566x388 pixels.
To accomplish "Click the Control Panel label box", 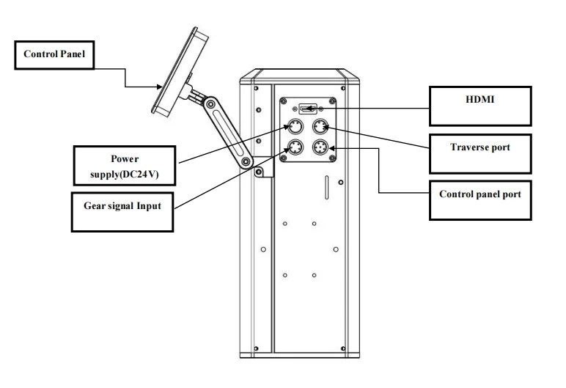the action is [54, 55].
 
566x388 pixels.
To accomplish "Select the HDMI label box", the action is [480, 106].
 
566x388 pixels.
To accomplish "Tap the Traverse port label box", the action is [480, 154].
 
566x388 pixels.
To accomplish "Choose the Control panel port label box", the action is [480, 200].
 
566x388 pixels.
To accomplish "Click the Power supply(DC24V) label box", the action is [125, 166].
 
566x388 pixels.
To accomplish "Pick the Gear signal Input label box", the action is [122, 212].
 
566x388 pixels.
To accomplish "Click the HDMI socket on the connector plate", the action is [308, 109].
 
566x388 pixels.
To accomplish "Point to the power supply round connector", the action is [295, 127].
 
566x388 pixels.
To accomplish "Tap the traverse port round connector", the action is [320, 127].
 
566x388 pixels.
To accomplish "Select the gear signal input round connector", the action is [295, 147].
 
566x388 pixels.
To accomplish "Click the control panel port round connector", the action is [320, 147].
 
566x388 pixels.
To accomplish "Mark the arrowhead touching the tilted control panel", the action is [159, 87].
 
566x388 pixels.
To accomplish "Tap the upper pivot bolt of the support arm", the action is [210, 105].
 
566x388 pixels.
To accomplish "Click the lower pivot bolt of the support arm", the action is [246, 161].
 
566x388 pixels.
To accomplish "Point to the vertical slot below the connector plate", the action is [327, 188].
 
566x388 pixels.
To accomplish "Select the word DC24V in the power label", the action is [140, 174].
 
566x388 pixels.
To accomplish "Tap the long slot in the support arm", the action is [228, 133].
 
